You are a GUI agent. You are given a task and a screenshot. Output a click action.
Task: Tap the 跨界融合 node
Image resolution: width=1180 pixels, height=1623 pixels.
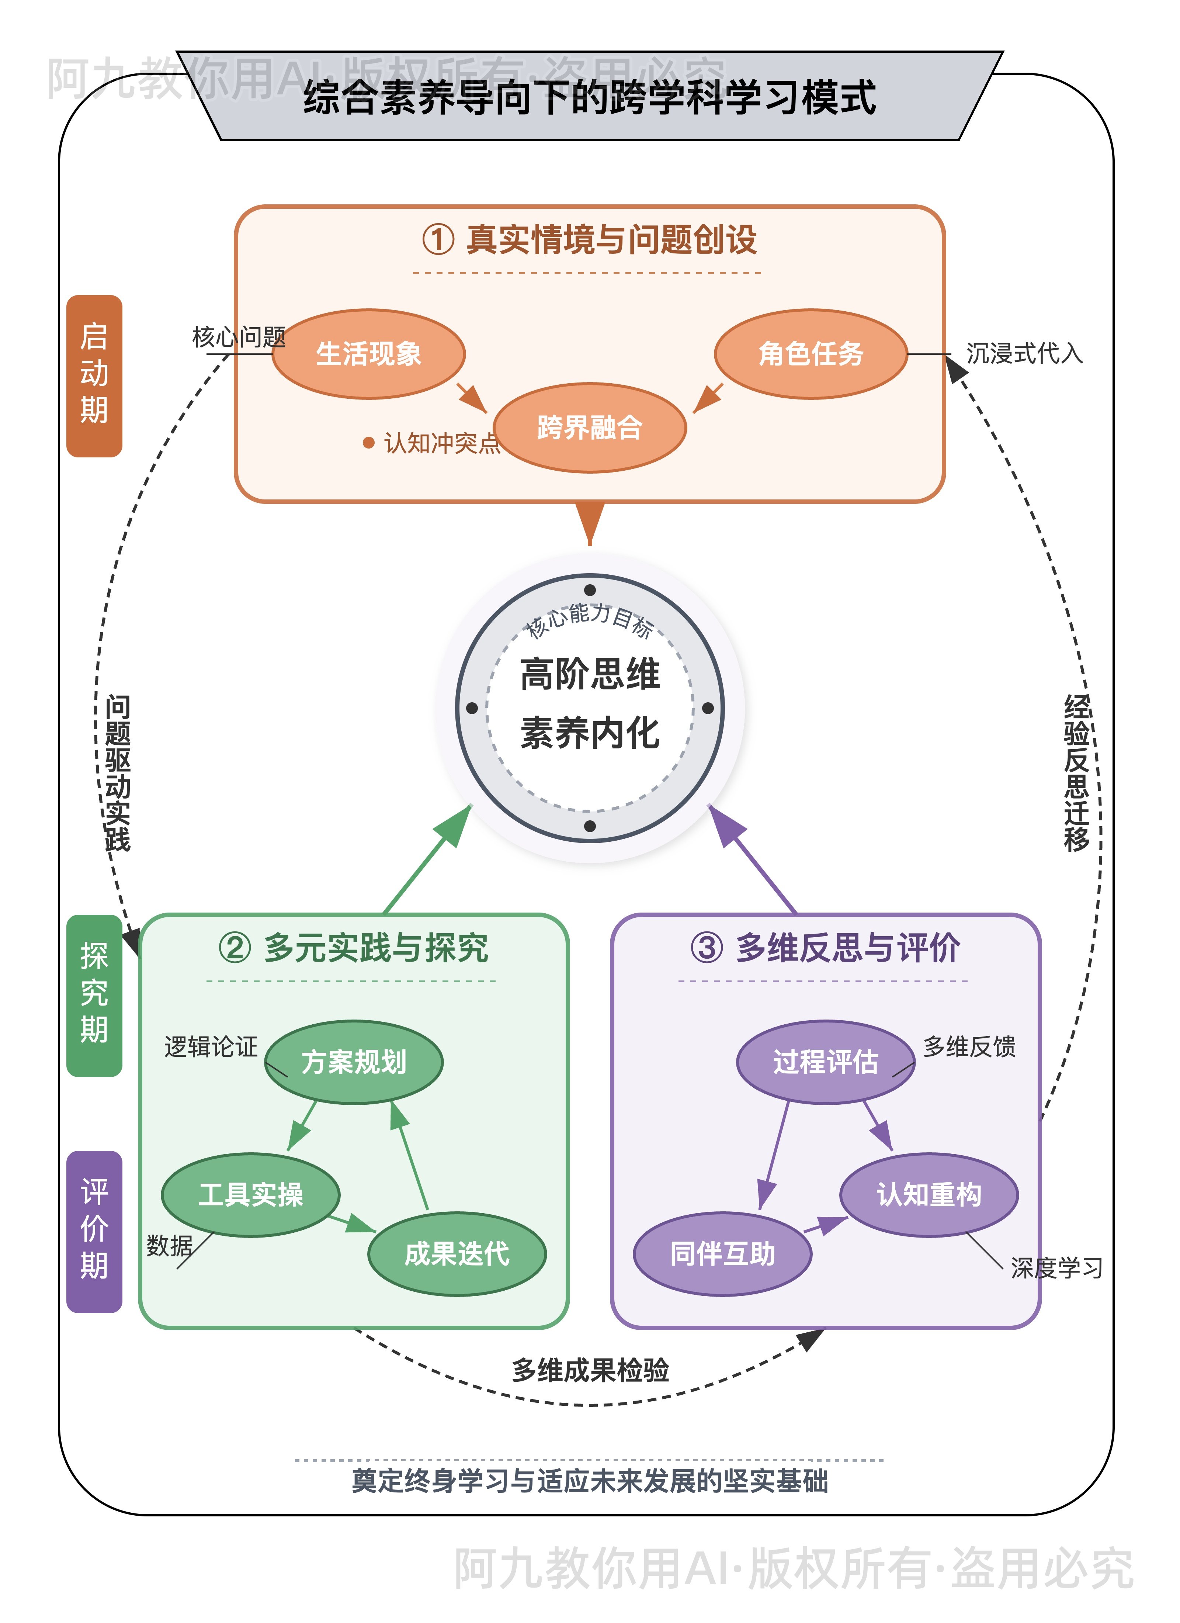590,428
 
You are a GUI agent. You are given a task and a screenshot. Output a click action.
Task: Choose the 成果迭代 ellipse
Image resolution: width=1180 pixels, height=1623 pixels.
457,1254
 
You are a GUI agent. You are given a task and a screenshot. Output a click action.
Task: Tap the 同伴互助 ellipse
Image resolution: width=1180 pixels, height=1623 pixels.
722,1254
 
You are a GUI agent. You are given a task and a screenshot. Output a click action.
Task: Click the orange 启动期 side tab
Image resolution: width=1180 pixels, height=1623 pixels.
94,376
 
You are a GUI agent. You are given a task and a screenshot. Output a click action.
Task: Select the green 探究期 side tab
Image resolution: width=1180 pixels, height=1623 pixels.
94,995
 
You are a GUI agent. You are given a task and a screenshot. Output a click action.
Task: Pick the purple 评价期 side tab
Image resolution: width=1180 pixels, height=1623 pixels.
94,1231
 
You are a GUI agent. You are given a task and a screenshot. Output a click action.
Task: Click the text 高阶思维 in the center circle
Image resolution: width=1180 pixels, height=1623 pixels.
590,674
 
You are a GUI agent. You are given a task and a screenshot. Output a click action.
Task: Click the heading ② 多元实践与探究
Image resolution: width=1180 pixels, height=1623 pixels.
354,948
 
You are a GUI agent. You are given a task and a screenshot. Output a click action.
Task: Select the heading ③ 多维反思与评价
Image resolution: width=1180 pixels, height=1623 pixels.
825,948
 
